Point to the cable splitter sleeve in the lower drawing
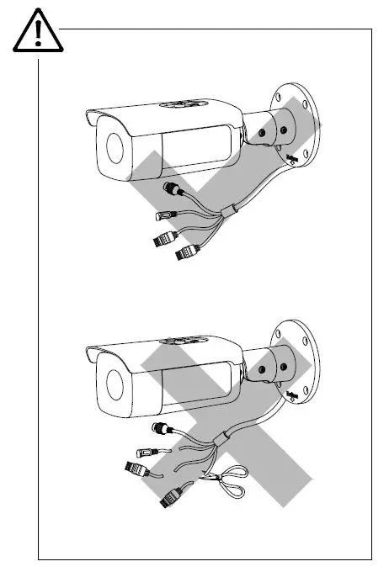click(226, 438)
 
